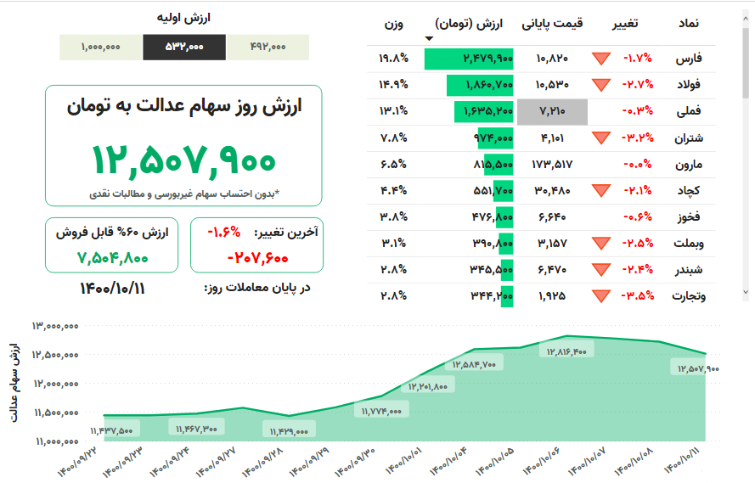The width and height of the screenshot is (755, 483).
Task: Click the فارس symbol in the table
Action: (689, 59)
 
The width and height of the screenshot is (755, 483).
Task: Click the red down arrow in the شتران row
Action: (601, 138)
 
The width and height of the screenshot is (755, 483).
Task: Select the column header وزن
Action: (392, 24)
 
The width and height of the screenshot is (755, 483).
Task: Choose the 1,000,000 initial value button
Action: (101, 48)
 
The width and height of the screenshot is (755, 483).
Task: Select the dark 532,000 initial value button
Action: (184, 48)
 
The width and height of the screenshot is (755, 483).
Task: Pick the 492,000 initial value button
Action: (268, 48)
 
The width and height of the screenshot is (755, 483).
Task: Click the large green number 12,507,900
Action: (183, 160)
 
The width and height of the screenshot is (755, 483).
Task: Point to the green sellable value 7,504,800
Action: (112, 257)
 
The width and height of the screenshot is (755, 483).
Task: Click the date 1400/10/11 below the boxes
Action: (112, 288)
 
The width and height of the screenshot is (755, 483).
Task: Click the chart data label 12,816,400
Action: (566, 351)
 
